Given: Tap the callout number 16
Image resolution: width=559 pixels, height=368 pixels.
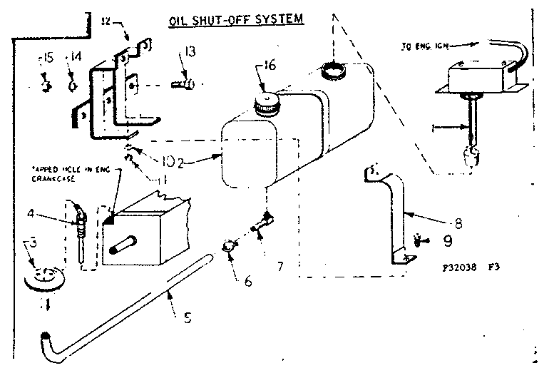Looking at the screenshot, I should pyautogui.click(x=268, y=66).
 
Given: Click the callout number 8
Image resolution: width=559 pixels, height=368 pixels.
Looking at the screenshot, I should pyautogui.click(x=458, y=223).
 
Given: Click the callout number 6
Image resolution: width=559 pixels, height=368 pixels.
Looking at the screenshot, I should pyautogui.click(x=247, y=281).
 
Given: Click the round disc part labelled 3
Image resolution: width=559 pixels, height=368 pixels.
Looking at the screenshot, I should pyautogui.click(x=44, y=277).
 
